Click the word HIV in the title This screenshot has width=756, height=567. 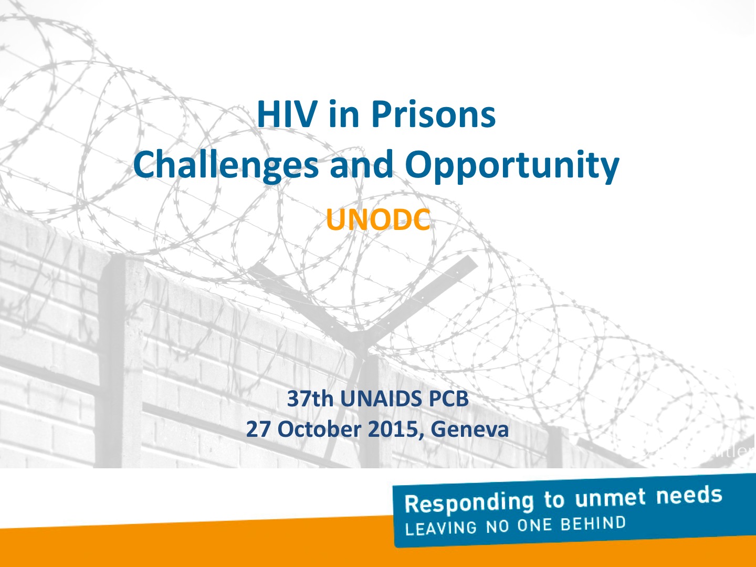click(286, 114)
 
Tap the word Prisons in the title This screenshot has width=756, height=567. click(433, 114)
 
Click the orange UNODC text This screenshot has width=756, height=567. click(378, 219)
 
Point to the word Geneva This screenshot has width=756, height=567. click(469, 429)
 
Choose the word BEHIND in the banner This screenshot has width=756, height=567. click(593, 523)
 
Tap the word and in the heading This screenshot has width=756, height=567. click(362, 164)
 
